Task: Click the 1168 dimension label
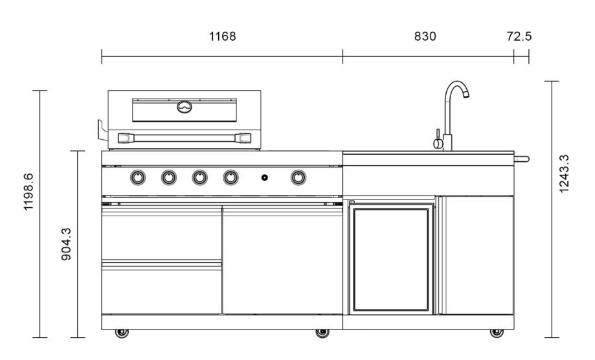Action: pyautogui.click(x=221, y=36)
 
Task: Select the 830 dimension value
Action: pyautogui.click(x=425, y=36)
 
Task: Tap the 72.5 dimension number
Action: pyautogui.click(x=520, y=36)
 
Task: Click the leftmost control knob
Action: pyautogui.click(x=138, y=177)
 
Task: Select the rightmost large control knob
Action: pyautogui.click(x=298, y=177)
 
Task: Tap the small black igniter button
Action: pyautogui.click(x=264, y=177)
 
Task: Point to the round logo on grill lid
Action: pyautogui.click(x=185, y=107)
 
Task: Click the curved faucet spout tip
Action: pyautogui.click(x=464, y=93)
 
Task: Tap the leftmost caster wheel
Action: pyautogui.click(x=121, y=333)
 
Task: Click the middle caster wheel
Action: pyautogui.click(x=321, y=333)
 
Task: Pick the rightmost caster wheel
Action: pyautogui.click(x=496, y=333)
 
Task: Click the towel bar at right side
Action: pyautogui.click(x=521, y=159)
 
